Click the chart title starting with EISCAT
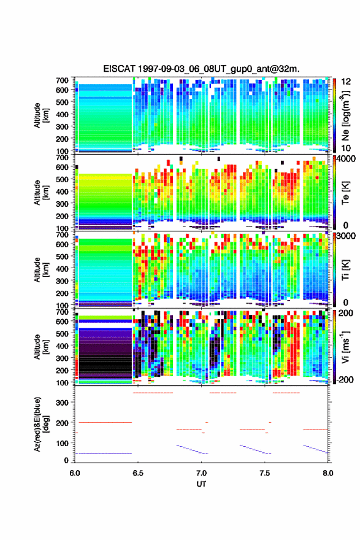pyautogui.click(x=201, y=69)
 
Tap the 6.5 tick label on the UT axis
pyautogui.click(x=137, y=473)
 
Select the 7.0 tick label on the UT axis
pyautogui.click(x=201, y=473)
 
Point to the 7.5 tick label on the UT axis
pyautogui.click(x=265, y=473)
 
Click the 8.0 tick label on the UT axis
pyautogui.click(x=328, y=473)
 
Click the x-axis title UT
pyautogui.click(x=201, y=484)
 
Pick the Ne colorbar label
pyautogui.click(x=346, y=115)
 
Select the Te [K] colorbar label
pyautogui.click(x=345, y=193)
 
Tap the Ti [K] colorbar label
pyautogui.click(x=345, y=269)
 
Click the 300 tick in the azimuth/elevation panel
pyautogui.click(x=63, y=403)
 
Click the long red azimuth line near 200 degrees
pyautogui.click(x=105, y=422)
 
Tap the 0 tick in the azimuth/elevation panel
pyautogui.click(x=66, y=460)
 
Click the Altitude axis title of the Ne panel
pyautogui.click(x=41, y=115)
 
